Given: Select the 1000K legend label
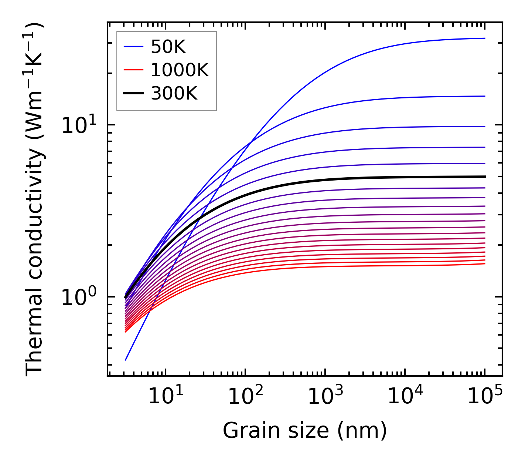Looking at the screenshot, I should (x=180, y=70).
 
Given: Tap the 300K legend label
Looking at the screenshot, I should (x=174, y=94).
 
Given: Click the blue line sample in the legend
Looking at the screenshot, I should (x=133, y=47).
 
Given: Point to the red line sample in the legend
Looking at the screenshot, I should (x=133, y=70).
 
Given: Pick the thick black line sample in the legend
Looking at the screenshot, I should (x=133, y=94).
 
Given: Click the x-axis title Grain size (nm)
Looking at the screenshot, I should (x=305, y=431).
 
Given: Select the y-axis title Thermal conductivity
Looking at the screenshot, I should (x=35, y=199).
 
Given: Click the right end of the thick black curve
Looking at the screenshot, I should (x=484, y=177).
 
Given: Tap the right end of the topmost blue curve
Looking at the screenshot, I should (x=484, y=38).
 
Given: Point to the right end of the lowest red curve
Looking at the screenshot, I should (x=484, y=263).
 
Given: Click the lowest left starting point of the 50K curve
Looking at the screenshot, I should (x=126, y=360).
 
